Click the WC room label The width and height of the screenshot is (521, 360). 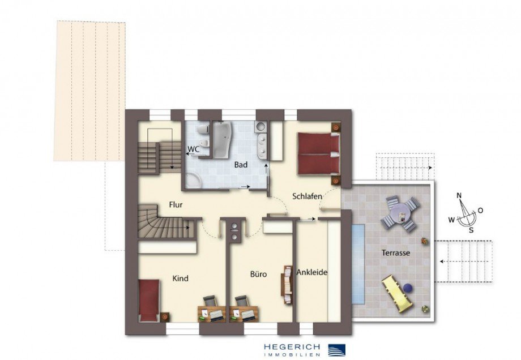[x=193, y=150]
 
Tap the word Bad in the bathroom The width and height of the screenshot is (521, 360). [x=241, y=165]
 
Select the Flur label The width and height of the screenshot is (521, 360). [x=176, y=204]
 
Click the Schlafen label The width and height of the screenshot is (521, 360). [x=307, y=196]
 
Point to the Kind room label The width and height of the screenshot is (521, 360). [x=181, y=278]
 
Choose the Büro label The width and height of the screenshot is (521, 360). [x=258, y=274]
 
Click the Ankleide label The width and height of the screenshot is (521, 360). [x=312, y=272]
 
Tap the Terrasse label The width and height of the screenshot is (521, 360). [x=396, y=253]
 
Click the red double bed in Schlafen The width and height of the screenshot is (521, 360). [x=318, y=153]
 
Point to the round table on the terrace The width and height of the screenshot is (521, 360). [x=402, y=213]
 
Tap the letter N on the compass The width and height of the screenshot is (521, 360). [x=459, y=196]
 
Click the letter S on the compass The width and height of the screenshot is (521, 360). [x=471, y=230]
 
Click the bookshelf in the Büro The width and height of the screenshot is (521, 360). [x=287, y=284]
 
